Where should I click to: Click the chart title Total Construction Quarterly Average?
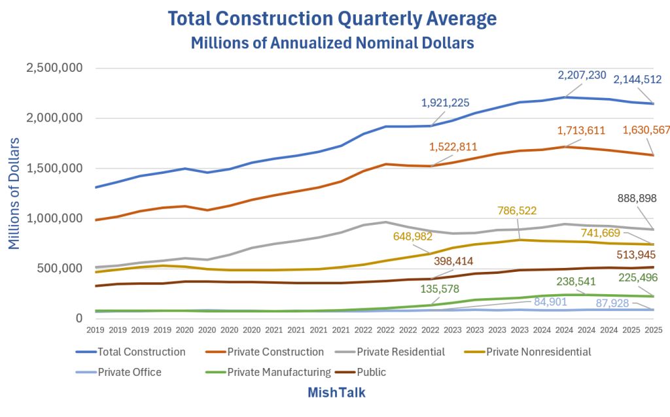coord(332,18)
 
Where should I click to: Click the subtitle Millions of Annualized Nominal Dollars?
coord(332,43)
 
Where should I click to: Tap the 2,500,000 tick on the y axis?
coord(54,68)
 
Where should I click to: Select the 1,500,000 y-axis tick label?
coord(54,168)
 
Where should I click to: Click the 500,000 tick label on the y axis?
coord(63,268)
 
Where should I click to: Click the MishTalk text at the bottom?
coord(336,393)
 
